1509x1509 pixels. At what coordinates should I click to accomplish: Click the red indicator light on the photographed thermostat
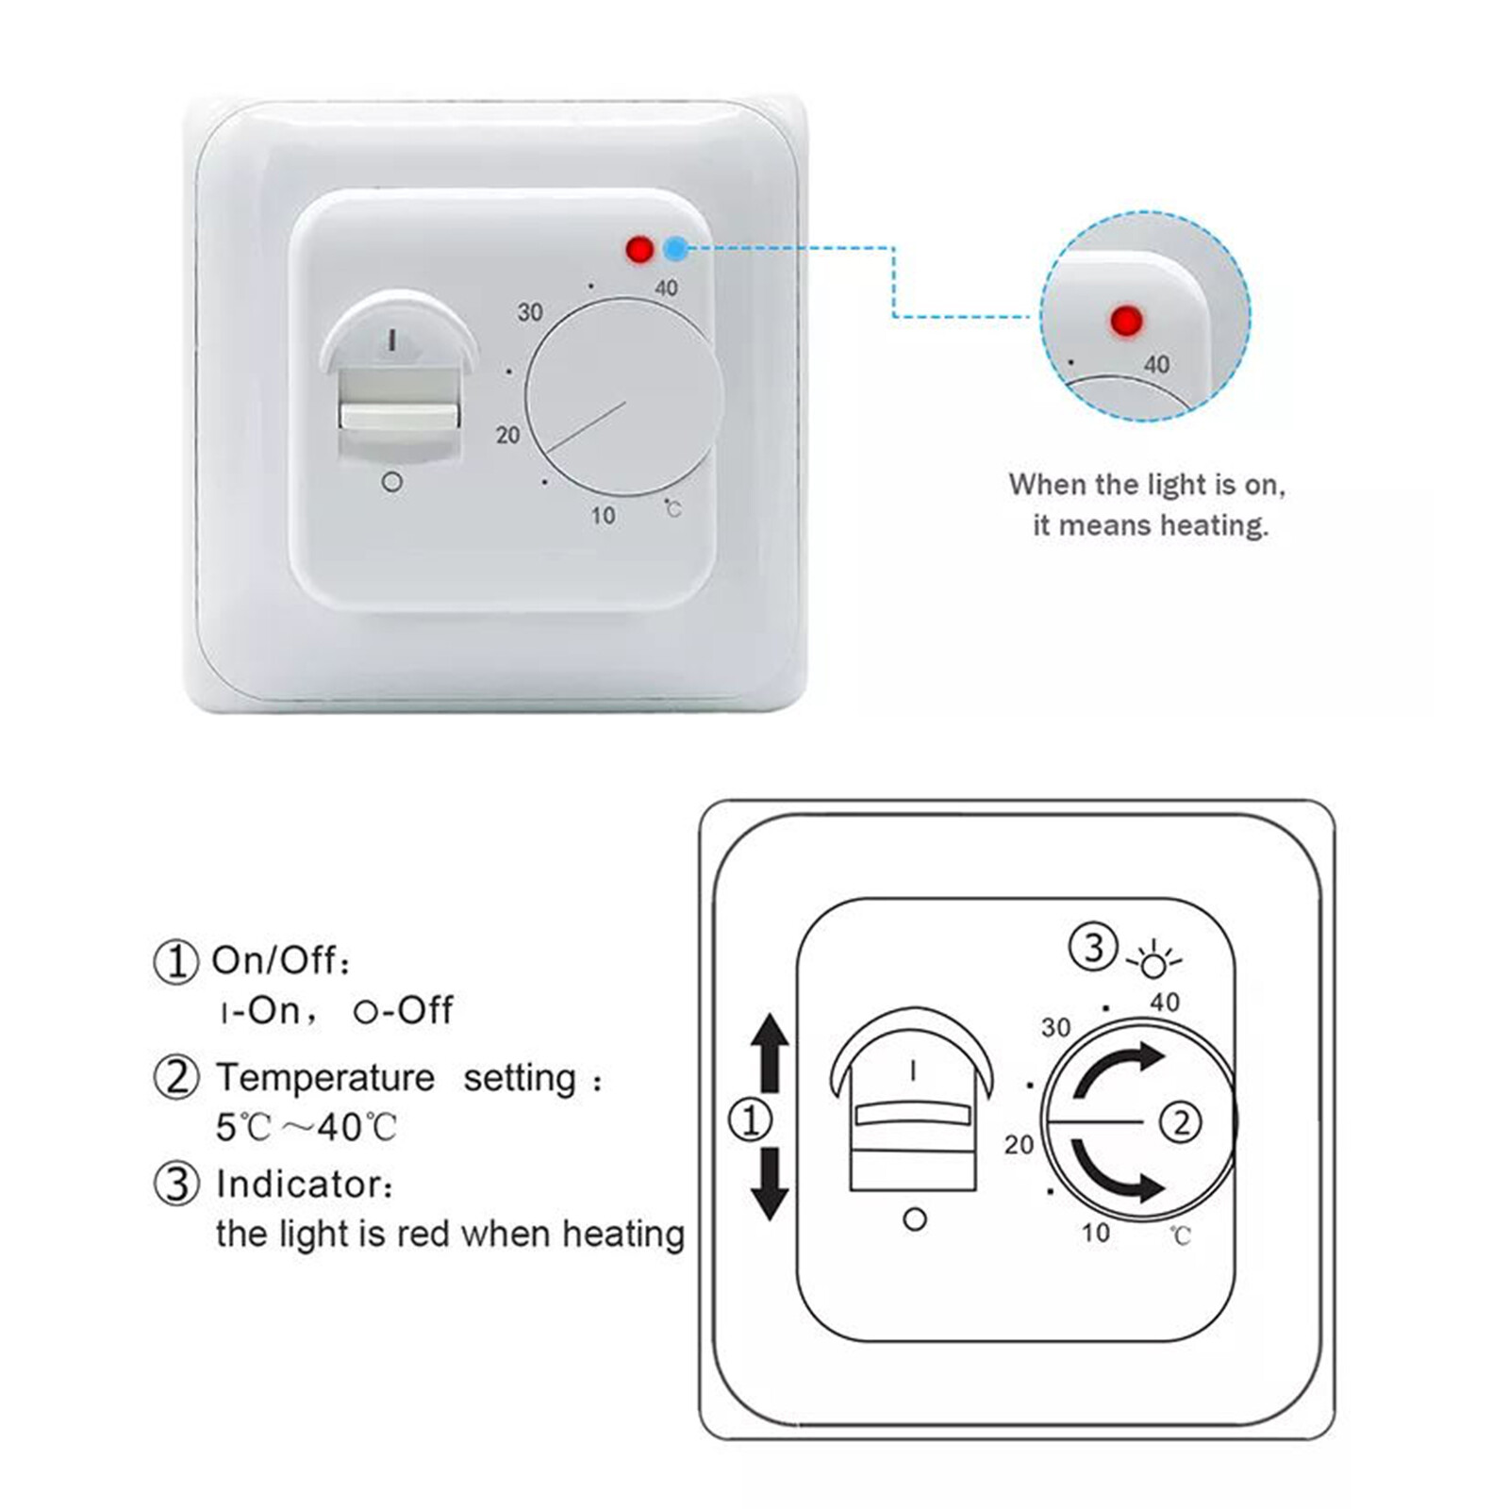coord(639,250)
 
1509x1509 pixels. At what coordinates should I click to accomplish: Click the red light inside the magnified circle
coord(1126,321)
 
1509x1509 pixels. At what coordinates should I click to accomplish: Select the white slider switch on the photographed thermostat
coord(400,416)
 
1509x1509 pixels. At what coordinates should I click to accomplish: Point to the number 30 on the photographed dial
coord(530,312)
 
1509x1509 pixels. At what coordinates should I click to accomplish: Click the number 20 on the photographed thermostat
coord(507,435)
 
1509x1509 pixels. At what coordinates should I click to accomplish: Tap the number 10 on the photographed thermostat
coord(603,515)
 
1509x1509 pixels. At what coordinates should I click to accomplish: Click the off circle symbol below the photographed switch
coord(392,482)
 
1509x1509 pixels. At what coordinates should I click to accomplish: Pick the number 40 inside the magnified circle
coord(1156,364)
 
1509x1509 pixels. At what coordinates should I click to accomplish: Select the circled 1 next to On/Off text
coord(175,962)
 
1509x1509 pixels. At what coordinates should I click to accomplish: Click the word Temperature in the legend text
coord(325,1077)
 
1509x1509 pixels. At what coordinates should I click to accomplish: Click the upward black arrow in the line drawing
coord(771,1052)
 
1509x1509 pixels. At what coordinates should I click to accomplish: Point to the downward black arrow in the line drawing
coord(771,1185)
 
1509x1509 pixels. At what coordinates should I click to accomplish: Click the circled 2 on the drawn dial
coord(1181,1122)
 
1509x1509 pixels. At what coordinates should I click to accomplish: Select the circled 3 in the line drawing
coord(1093,946)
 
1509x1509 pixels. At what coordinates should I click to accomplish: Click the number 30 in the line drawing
coord(1055,1027)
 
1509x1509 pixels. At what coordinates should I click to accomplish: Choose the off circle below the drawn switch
coord(914,1219)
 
